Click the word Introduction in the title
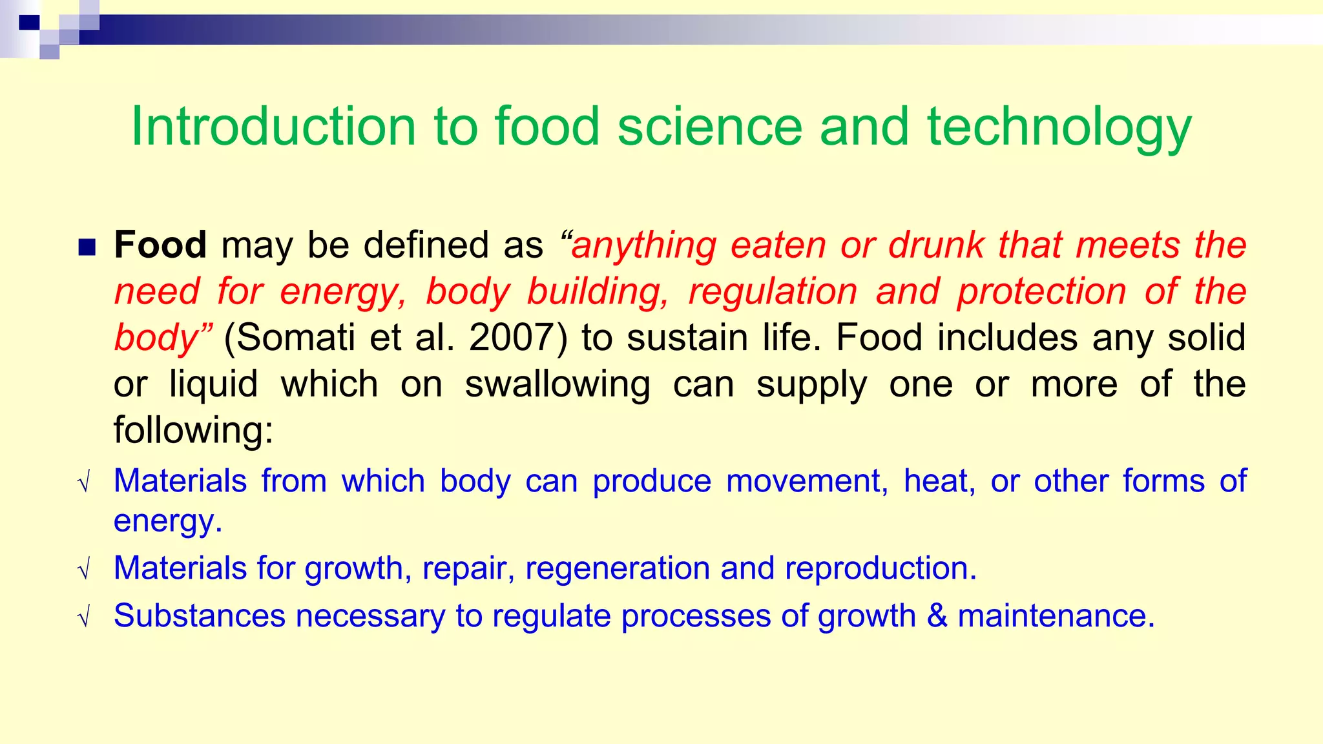click(x=273, y=127)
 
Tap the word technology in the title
click(x=1059, y=128)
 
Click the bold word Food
click(x=160, y=245)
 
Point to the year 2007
click(x=510, y=337)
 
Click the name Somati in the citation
click(x=289, y=337)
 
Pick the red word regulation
click(x=773, y=291)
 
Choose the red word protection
click(x=1042, y=291)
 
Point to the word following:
click(x=193, y=429)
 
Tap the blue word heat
click(x=939, y=481)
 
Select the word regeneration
click(x=618, y=568)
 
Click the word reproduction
click(x=880, y=568)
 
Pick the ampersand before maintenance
click(x=937, y=615)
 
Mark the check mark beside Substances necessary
click(x=83, y=619)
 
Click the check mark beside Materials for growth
click(x=83, y=571)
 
